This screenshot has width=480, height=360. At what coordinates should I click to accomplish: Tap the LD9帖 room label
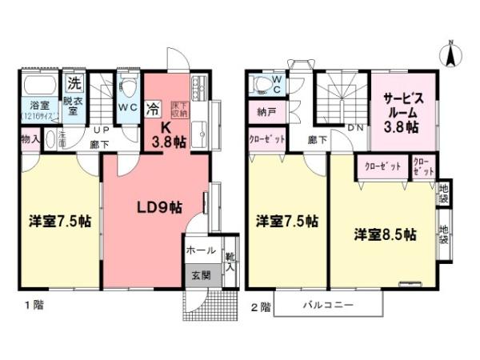(158, 207)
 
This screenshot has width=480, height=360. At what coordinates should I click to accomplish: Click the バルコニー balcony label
(327, 306)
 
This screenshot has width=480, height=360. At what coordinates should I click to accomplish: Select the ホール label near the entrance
(200, 250)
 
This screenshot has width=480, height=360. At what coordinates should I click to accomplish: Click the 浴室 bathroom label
(40, 106)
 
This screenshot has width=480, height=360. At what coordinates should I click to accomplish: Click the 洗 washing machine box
(74, 82)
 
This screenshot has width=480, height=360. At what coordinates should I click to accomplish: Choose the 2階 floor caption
(260, 305)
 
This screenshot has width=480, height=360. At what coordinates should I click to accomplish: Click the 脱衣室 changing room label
(74, 106)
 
